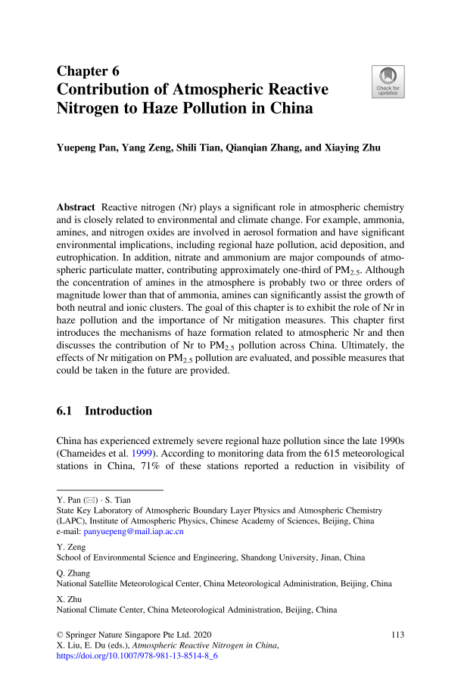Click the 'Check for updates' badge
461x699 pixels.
pyautogui.click(x=388, y=81)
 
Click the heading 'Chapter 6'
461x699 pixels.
pyautogui.click(x=89, y=72)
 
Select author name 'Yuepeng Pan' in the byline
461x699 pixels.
pyautogui.click(x=89, y=148)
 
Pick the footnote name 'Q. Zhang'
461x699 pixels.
pyautogui.click(x=73, y=571)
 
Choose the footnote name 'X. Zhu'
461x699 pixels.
pyautogui.click(x=70, y=597)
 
